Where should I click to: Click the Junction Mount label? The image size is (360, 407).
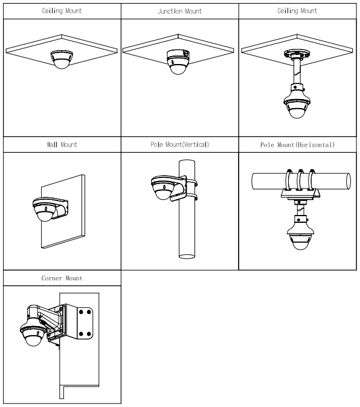click(x=180, y=10)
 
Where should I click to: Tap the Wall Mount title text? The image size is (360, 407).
click(x=61, y=145)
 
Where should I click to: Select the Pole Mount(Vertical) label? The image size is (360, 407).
click(x=180, y=145)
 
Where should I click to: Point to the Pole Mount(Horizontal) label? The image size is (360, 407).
click(x=298, y=145)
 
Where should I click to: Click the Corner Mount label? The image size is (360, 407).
click(x=61, y=278)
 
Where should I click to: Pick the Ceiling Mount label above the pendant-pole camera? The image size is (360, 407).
click(x=298, y=10)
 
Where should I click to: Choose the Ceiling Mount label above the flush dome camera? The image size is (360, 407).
click(x=61, y=10)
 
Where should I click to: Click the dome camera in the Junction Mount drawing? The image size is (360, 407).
click(x=179, y=62)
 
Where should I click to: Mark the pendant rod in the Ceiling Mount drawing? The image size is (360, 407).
click(x=296, y=73)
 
